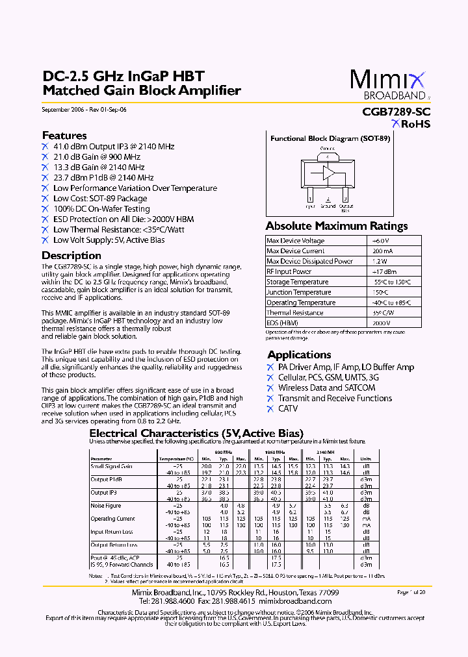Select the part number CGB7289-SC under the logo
click(396, 111)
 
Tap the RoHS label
click(411, 124)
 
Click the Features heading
click(64, 136)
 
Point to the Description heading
click(71, 256)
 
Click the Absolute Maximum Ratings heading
click(337, 227)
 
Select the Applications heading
click(300, 354)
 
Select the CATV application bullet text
click(288, 408)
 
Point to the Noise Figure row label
click(105, 505)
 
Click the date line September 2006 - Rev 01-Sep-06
click(84, 110)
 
